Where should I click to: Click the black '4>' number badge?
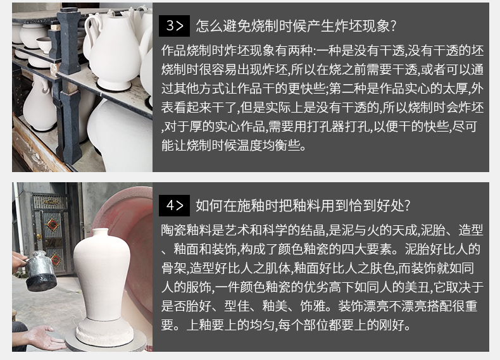[x=174, y=205]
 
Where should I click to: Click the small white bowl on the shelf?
[x=44, y=44]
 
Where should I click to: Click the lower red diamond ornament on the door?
[x=56, y=259]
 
